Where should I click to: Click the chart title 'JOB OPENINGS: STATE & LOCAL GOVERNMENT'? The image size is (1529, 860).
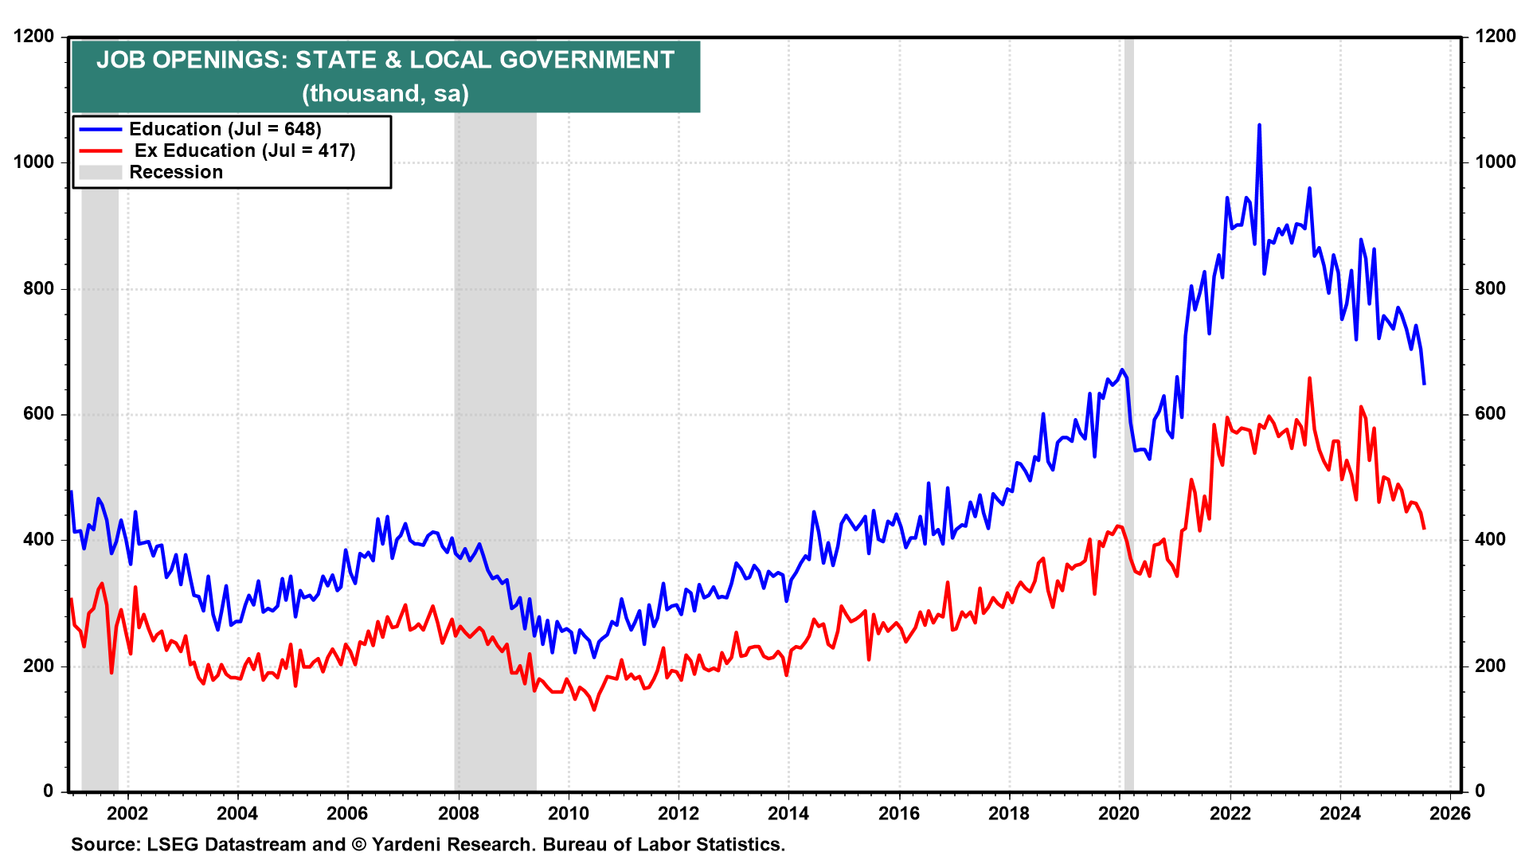[x=385, y=61]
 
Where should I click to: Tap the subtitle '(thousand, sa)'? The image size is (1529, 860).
[x=385, y=94]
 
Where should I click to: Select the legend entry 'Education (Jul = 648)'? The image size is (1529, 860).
[x=225, y=129]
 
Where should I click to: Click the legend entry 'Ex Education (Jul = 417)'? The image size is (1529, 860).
[x=244, y=150]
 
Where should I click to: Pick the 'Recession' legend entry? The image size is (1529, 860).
[x=176, y=172]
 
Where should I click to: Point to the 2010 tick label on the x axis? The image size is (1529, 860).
[x=569, y=813]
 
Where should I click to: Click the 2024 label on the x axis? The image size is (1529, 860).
[x=1340, y=813]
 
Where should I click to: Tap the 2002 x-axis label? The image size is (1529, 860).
[x=127, y=813]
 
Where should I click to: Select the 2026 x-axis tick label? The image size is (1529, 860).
[x=1450, y=813]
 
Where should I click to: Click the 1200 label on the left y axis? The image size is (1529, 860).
[x=34, y=37]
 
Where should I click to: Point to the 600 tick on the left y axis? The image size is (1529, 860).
[x=39, y=414]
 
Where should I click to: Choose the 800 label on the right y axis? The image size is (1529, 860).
[x=1490, y=288]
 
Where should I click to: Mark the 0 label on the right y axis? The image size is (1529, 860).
[x=1480, y=791]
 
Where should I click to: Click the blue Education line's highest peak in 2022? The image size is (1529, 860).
[x=1259, y=125]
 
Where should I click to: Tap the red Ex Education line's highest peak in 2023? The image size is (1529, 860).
[x=1309, y=378]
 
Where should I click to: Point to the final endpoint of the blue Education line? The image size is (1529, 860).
[x=1424, y=384]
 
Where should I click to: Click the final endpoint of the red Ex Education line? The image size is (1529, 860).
[x=1424, y=529]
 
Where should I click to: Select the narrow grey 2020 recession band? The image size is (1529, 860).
[x=1128, y=478]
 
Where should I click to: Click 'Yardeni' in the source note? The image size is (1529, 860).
[x=412, y=844]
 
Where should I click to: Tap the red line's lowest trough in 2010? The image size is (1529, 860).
[x=594, y=709]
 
